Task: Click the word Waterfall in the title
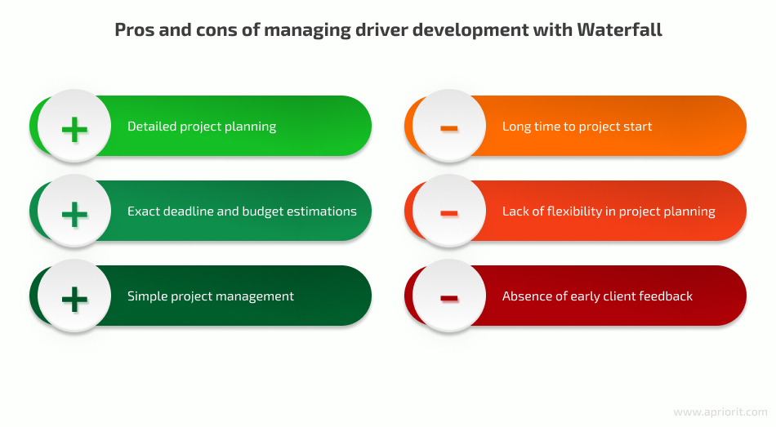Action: point(619,29)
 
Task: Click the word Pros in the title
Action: point(134,29)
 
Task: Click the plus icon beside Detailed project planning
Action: point(74,130)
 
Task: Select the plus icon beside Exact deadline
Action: point(74,214)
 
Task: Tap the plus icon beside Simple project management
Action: point(74,300)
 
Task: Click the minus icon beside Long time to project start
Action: point(449,128)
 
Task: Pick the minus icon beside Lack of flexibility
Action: point(449,213)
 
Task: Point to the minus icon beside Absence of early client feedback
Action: point(449,298)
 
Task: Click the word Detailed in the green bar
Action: point(151,127)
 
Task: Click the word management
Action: point(256,296)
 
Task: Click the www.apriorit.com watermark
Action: point(720,412)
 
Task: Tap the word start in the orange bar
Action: point(637,127)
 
